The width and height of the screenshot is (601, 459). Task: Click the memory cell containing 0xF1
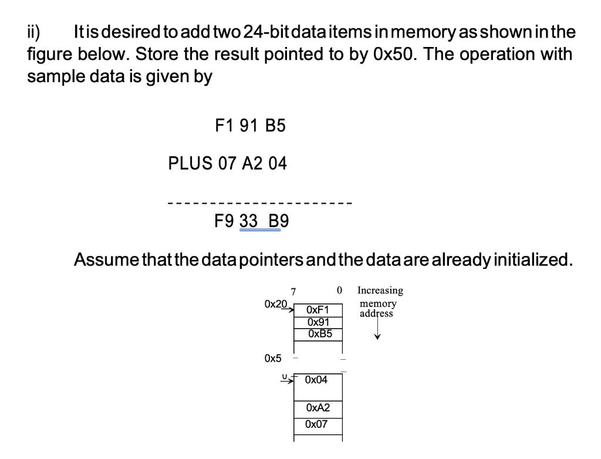(318, 310)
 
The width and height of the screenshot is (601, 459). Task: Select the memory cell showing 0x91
(318, 322)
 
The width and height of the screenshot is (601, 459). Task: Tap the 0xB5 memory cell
(318, 333)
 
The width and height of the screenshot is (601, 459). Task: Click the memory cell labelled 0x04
(318, 380)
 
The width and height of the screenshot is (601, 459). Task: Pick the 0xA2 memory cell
(318, 408)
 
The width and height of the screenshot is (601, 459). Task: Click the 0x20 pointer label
(276, 305)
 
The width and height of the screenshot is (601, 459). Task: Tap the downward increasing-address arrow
(377, 329)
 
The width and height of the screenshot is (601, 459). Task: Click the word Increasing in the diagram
(380, 291)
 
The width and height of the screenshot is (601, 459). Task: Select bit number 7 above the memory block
(293, 292)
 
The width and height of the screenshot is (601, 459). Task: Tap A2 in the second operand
(252, 164)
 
